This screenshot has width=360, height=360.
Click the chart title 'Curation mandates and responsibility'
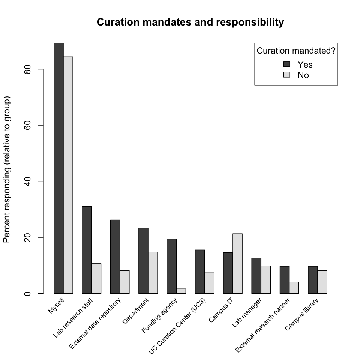[x=190, y=22]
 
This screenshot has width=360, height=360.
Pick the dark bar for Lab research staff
[x=87, y=250]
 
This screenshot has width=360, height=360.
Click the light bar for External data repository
[x=124, y=282]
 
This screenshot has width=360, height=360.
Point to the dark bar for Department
[x=143, y=261]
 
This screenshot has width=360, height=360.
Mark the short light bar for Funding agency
[x=181, y=291]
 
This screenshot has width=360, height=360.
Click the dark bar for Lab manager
[x=256, y=276]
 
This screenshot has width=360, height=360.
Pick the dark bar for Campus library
[x=313, y=280]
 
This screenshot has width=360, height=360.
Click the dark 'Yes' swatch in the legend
[x=287, y=64]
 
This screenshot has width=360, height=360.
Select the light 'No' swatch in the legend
[x=287, y=75]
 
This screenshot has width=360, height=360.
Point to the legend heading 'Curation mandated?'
[x=296, y=51]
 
